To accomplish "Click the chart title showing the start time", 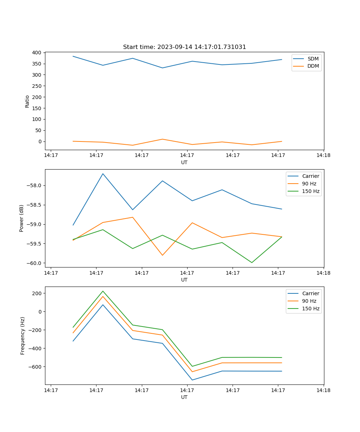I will (184, 47).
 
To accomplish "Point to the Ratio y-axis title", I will (27, 101).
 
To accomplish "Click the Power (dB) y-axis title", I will (22, 218).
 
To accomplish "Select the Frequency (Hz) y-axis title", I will (23, 336).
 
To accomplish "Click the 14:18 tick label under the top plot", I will (323, 156).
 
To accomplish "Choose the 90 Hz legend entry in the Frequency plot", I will (309, 301).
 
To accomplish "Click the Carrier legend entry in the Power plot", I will (310, 176).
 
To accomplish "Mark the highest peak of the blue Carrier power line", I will (103, 174).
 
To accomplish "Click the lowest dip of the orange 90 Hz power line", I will (162, 255).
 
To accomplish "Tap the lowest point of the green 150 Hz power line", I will (252, 262).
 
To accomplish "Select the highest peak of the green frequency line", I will (103, 291).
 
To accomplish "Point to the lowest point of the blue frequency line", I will (192, 380).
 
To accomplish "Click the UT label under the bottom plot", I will (184, 397).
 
